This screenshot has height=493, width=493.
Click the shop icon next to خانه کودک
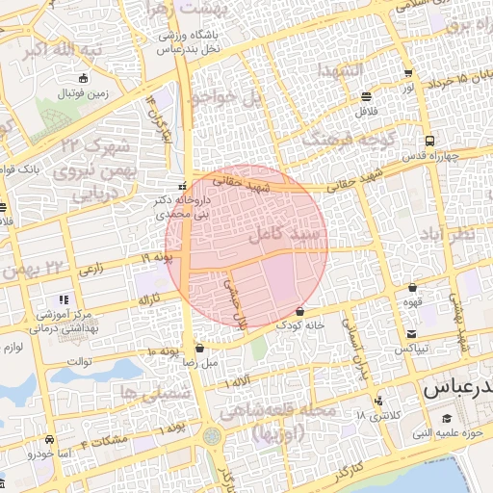point(301,312)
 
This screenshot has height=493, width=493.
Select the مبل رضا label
point(196,363)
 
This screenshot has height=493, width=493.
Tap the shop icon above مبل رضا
point(199,349)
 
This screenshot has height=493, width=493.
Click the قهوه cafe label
point(414,301)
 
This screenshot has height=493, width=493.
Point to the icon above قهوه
point(413,287)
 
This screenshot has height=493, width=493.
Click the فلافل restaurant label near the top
point(366,112)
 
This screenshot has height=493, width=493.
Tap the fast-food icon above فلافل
point(366,96)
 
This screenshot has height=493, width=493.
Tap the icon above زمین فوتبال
point(85,78)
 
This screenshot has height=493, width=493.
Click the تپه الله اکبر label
point(63,47)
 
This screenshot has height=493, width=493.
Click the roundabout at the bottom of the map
point(211,435)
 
